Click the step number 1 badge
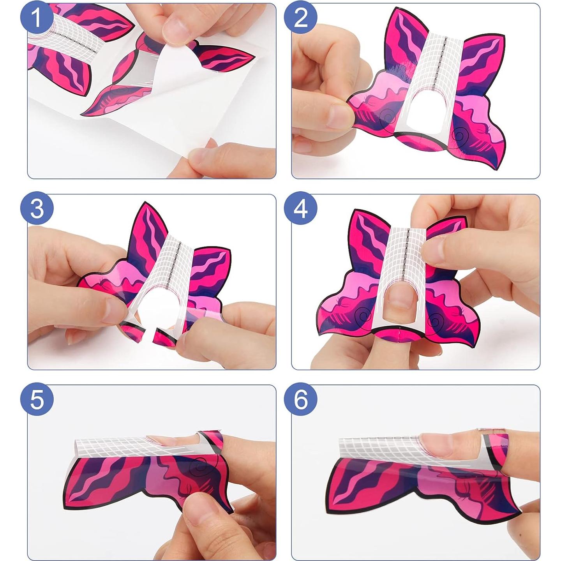[x=37, y=18]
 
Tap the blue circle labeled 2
[x=301, y=18]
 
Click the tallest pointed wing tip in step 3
[x=144, y=206]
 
